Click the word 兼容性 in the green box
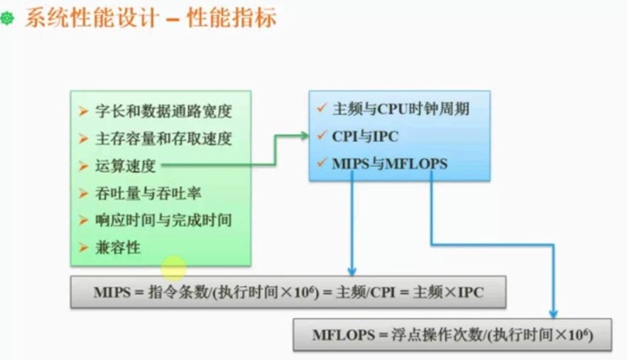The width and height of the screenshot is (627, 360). [119, 248]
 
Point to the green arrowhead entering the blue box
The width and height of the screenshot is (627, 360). [305, 133]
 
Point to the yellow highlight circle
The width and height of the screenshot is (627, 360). [174, 269]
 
